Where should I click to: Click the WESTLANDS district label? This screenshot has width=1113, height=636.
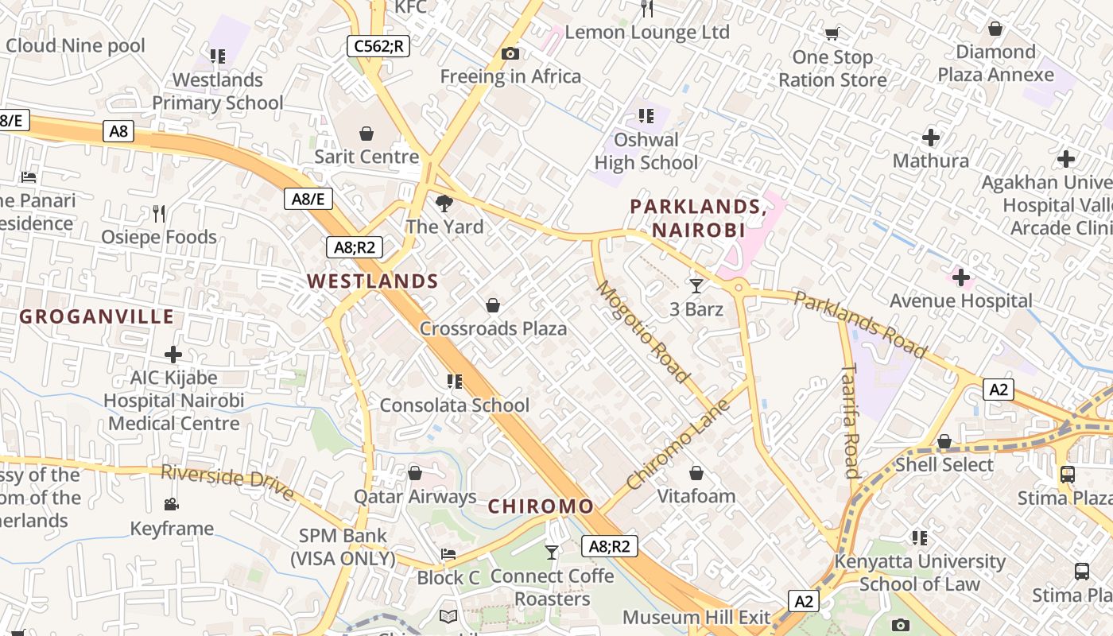(373, 281)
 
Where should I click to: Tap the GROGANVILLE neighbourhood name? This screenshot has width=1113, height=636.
(96, 316)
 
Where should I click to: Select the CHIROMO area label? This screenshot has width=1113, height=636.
(541, 506)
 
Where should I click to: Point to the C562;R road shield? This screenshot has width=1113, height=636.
(378, 46)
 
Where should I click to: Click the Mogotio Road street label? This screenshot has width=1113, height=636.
(642, 331)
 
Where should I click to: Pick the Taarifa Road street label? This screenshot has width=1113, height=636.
(850, 421)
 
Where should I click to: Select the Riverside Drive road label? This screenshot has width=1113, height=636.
(227, 482)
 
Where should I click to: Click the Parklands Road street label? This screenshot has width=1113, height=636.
(860, 324)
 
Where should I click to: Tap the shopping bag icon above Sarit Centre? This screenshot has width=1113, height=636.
(366, 133)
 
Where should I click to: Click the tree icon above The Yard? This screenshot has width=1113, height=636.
(444, 204)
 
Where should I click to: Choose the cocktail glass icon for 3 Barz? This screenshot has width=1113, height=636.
(696, 285)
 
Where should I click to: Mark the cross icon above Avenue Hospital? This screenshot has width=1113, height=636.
(961, 278)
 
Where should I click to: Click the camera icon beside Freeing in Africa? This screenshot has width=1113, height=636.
(510, 54)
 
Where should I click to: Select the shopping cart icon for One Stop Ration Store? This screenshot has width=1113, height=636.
(832, 34)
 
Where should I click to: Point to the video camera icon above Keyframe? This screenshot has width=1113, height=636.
(172, 504)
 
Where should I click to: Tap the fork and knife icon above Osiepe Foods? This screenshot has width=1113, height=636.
(159, 213)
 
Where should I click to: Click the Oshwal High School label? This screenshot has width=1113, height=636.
(646, 151)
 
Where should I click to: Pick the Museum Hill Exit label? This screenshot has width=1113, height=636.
(696, 617)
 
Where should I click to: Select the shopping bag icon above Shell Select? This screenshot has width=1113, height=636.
(944, 441)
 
